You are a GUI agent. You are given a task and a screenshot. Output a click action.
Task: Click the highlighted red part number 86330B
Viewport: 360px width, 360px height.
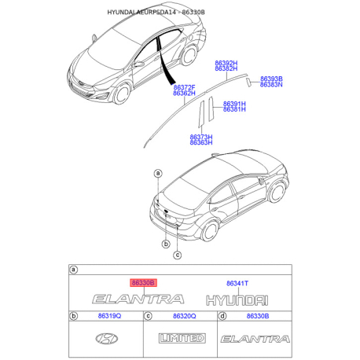point(143,281)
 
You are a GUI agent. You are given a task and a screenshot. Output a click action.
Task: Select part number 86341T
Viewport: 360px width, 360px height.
point(237,281)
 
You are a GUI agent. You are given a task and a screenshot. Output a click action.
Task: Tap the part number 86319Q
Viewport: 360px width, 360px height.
point(108,315)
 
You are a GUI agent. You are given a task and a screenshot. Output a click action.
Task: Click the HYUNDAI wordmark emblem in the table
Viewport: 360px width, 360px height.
point(237,299)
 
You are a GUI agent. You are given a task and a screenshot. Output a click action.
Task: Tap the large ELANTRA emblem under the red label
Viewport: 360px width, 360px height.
point(138,299)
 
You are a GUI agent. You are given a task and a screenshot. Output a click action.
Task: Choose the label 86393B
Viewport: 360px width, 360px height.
point(271,79)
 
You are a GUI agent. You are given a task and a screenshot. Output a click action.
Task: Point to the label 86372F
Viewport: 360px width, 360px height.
point(184,86)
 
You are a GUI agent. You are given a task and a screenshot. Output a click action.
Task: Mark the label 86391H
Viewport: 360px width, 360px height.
point(234,103)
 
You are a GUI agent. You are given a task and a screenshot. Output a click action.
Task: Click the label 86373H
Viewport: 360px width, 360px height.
point(200,136)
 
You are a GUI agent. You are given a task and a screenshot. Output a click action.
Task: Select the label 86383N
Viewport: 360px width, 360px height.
point(271,84)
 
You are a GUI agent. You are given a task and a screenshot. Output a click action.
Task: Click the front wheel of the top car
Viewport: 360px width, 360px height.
point(124,94)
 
